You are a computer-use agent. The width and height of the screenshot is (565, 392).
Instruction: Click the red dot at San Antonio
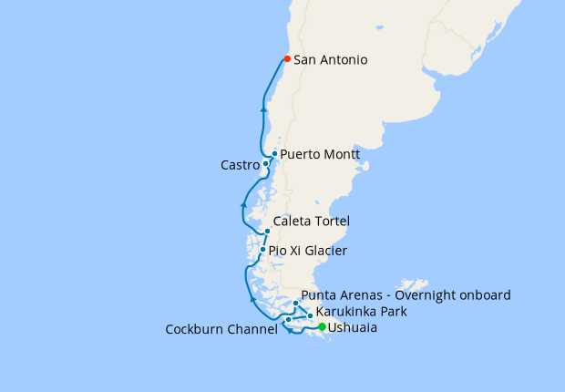pyautogui.click(x=287, y=59)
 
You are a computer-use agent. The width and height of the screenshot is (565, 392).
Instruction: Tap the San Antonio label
pyautogui.click(x=331, y=60)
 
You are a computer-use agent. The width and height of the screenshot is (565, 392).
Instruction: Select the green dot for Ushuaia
pyautogui.click(x=322, y=326)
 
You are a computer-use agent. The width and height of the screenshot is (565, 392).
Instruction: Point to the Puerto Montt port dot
pyautogui.click(x=274, y=154)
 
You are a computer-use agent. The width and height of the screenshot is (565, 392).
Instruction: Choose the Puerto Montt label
pyautogui.click(x=320, y=155)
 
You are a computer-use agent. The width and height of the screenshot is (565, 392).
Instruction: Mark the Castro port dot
pyautogui.click(x=265, y=164)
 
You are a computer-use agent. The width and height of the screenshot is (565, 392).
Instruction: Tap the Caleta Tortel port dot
pyautogui.click(x=267, y=232)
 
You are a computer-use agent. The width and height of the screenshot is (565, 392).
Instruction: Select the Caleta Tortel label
pyautogui.click(x=312, y=222)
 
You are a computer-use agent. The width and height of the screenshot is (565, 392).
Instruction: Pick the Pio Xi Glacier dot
pyautogui.click(x=262, y=250)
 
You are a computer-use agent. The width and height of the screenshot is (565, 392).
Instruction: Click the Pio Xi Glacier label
pyautogui.click(x=308, y=251)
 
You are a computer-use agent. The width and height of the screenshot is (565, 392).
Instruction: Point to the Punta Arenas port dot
pyautogui.click(x=295, y=303)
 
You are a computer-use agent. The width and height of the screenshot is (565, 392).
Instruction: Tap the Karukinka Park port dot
pyautogui.click(x=311, y=315)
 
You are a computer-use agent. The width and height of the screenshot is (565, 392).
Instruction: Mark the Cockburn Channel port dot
pyautogui.click(x=288, y=320)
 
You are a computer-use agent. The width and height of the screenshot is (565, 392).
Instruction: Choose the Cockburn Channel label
pyautogui.click(x=221, y=330)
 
